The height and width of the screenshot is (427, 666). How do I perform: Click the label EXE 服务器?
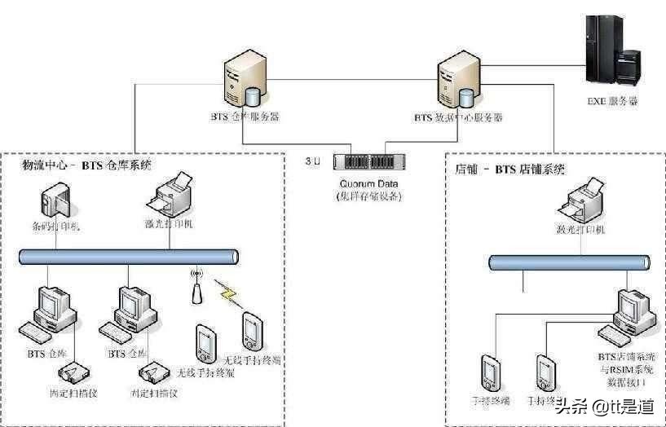(612, 102)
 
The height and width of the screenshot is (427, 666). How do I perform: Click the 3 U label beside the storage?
(312, 161)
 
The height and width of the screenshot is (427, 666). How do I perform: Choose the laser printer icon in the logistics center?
(170, 194)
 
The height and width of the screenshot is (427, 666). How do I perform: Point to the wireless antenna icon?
(196, 288)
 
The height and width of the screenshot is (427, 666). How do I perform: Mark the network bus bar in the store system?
(569, 262)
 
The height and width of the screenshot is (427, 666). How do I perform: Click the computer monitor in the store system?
(633, 308)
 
